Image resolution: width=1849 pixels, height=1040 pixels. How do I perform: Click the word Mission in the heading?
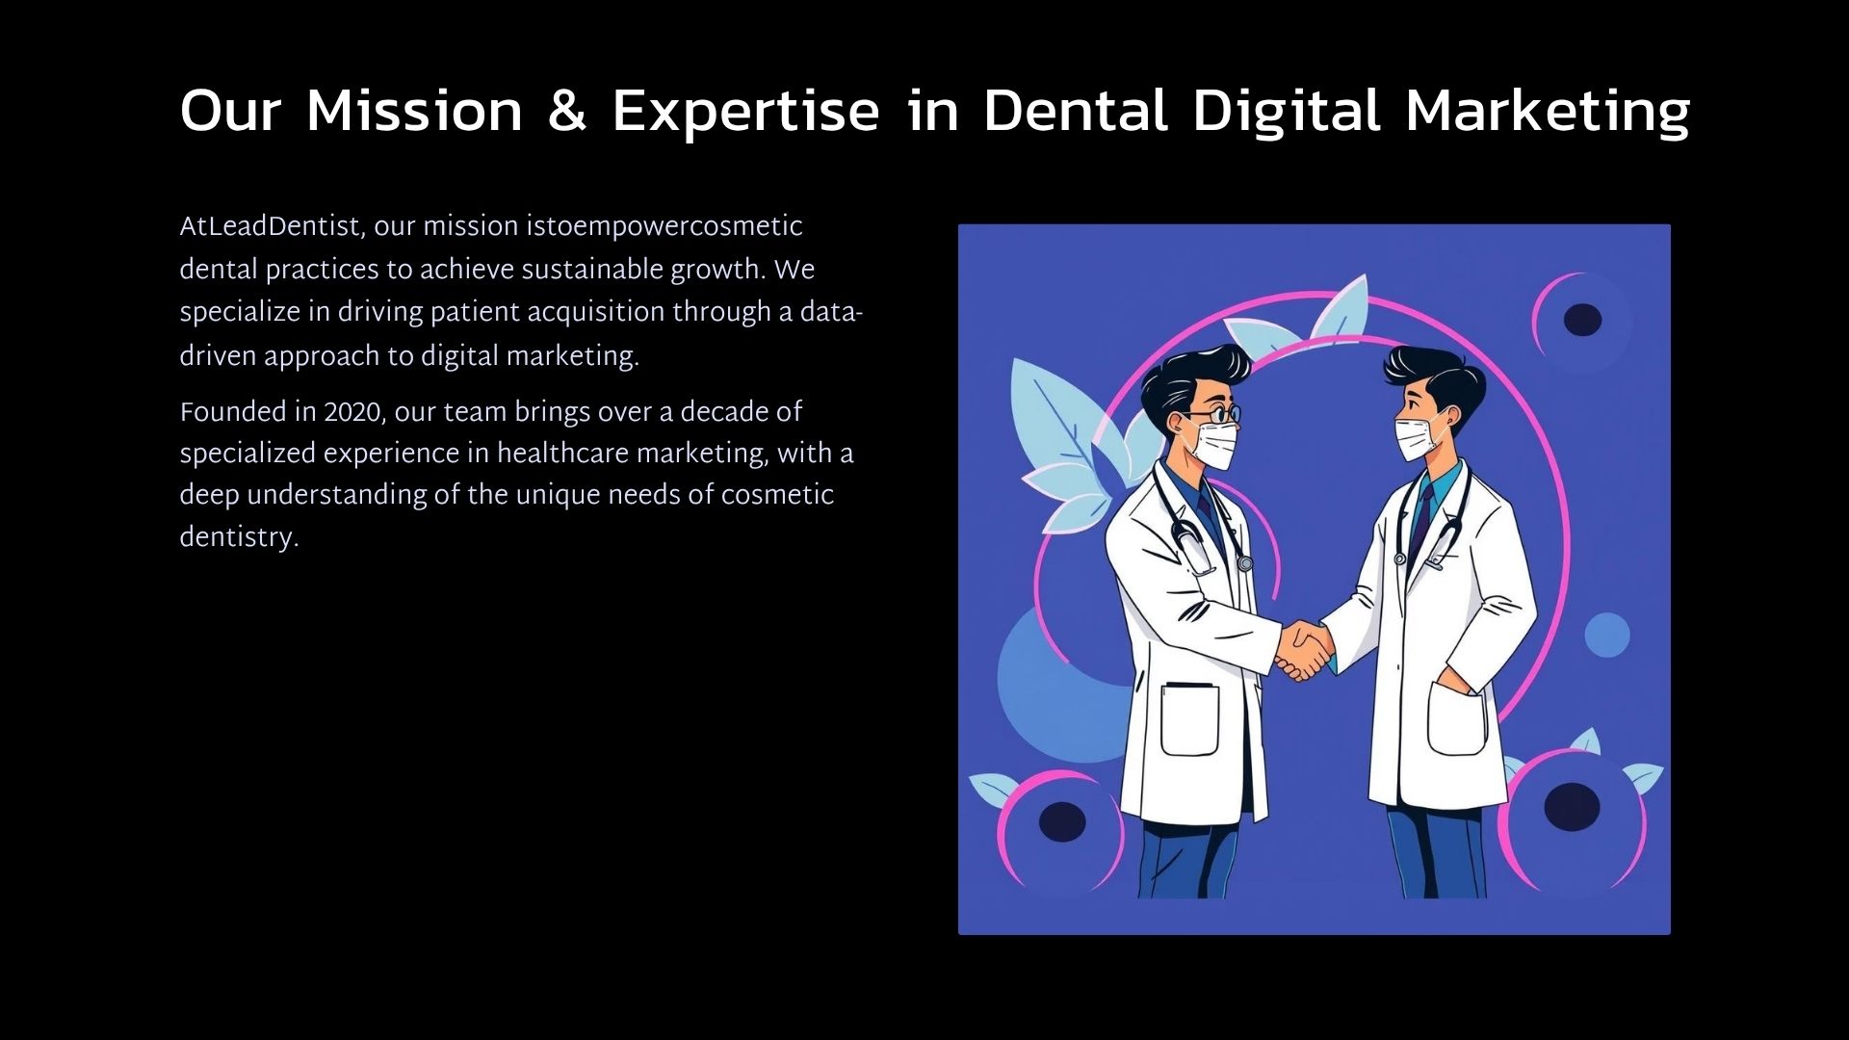(x=414, y=110)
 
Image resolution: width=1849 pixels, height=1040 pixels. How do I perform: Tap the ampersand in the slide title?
(x=566, y=110)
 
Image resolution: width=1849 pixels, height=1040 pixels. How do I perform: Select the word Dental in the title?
(x=1075, y=110)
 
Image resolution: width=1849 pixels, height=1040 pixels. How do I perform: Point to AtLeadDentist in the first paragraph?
(x=270, y=227)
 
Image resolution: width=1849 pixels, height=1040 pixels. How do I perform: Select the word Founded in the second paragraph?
(x=233, y=412)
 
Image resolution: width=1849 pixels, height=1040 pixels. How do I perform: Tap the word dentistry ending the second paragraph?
(x=239, y=537)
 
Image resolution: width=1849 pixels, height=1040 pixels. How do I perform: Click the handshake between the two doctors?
(x=1304, y=651)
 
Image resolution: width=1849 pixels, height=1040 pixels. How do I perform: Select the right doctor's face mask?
(x=1417, y=438)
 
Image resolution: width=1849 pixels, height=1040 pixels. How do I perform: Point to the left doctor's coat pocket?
(x=1189, y=719)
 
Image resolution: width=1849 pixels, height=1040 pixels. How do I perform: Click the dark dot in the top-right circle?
(x=1582, y=320)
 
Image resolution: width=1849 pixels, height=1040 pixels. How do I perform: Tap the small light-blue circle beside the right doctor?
(x=1607, y=635)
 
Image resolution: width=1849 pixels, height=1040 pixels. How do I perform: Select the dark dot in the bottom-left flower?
(x=1062, y=821)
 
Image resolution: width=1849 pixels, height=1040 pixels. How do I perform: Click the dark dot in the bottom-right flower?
(x=1572, y=806)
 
